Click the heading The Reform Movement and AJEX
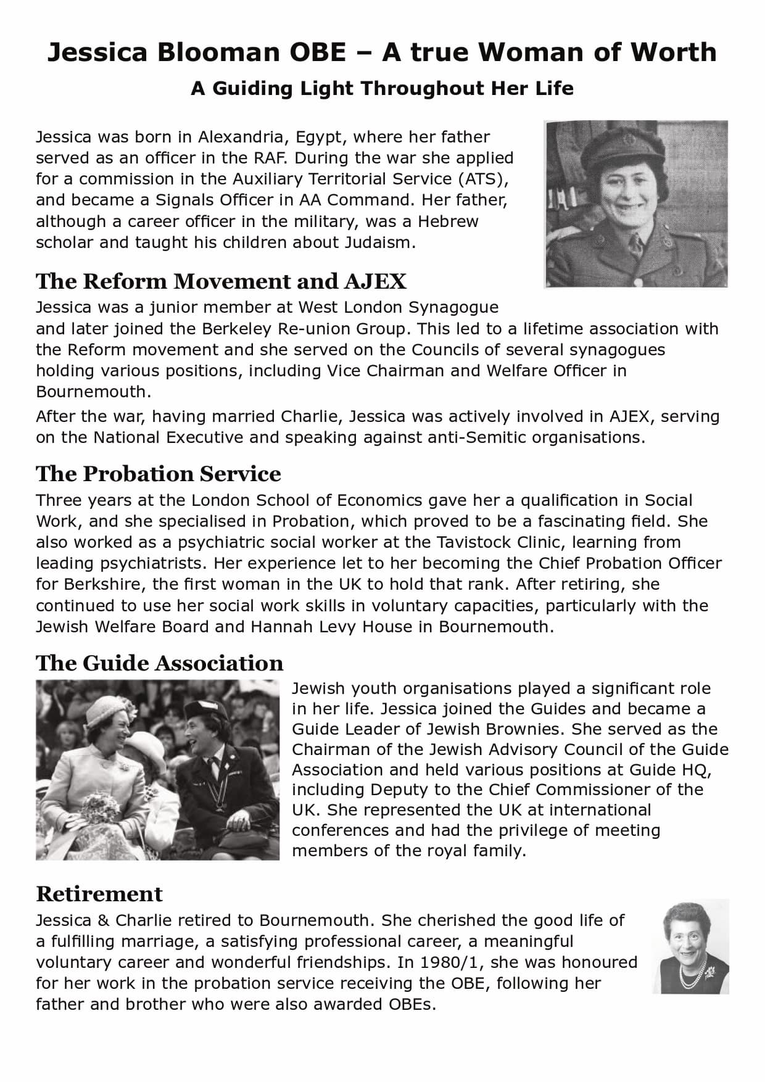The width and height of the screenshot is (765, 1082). click(221, 281)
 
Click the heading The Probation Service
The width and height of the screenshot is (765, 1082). click(158, 474)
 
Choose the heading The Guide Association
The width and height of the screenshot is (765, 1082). click(159, 663)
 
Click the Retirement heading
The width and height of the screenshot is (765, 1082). click(99, 894)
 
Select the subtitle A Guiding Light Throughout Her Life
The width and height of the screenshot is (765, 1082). click(382, 88)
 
